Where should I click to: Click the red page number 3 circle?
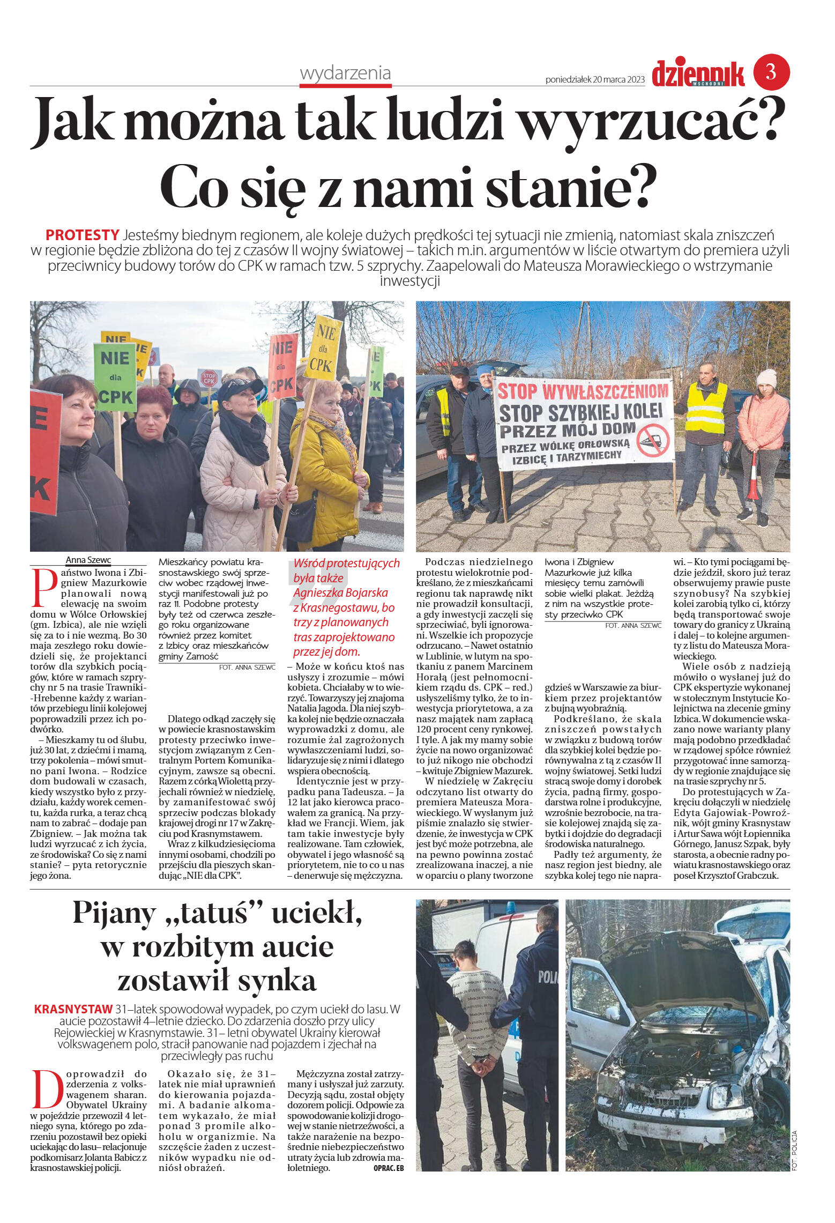pyautogui.click(x=771, y=72)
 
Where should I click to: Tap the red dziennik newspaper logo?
pyautogui.click(x=698, y=74)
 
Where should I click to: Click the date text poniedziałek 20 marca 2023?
pyautogui.click(x=595, y=80)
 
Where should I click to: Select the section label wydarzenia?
pyautogui.click(x=345, y=73)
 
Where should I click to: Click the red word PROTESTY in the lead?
pyautogui.click(x=82, y=235)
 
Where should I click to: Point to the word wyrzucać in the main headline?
pyautogui.click(x=648, y=119)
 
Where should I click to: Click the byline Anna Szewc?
pyautogui.click(x=88, y=560)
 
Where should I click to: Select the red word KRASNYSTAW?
pyautogui.click(x=73, y=1009)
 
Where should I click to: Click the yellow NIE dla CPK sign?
pyautogui.click(x=323, y=349)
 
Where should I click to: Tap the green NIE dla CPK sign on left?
pyautogui.click(x=115, y=377)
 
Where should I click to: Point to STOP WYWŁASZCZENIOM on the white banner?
pyautogui.click(x=583, y=391)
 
